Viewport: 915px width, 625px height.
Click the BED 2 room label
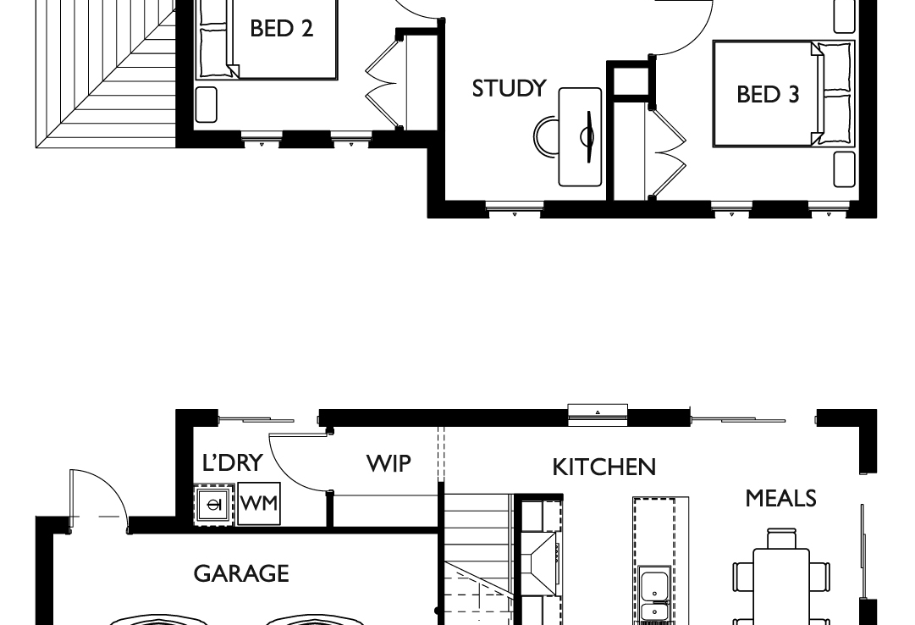click(281, 29)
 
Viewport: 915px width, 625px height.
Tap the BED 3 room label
click(767, 94)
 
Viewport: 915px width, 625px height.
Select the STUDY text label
click(509, 88)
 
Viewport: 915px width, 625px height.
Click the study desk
click(581, 136)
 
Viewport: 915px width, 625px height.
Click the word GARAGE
click(241, 573)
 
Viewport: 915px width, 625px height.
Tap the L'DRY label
click(233, 462)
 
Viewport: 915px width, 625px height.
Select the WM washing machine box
click(258, 504)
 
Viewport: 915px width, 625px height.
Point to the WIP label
click(389, 463)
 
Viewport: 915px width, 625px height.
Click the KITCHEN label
click(604, 467)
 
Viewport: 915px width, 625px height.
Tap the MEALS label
click(780, 499)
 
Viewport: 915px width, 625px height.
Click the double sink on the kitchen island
click(653, 597)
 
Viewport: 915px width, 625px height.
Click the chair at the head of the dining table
click(781, 538)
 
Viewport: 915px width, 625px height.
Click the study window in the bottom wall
click(515, 207)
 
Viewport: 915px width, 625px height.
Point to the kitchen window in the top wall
click(598, 412)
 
